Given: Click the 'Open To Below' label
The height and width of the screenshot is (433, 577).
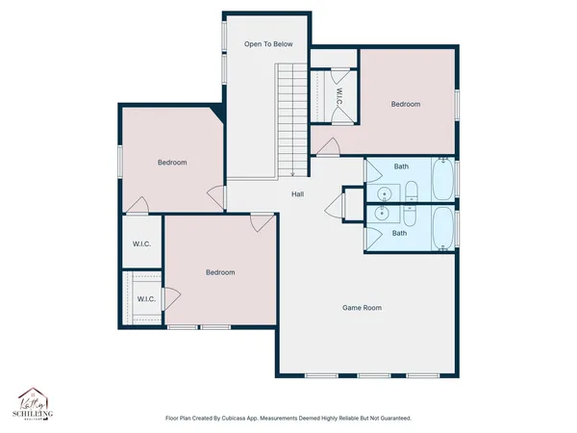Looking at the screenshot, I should pos(267,44).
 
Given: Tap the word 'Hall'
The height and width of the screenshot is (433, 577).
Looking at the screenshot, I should pos(299,195).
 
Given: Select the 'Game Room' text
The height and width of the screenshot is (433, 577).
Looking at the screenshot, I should pos(363,308).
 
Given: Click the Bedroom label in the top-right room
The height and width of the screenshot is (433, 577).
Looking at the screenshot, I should pos(405,104).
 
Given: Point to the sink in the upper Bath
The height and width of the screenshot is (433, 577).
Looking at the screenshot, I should pos(383,191).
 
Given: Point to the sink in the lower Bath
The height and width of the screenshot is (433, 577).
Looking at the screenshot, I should pos(383,216).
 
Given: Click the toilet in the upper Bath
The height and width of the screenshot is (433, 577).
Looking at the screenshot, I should pos(411,190).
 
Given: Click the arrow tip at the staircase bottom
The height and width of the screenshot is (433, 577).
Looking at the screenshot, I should pos(291,175).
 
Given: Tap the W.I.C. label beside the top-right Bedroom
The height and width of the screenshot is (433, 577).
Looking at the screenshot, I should pos(339,97).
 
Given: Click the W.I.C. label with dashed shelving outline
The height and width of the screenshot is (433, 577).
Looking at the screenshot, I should pos(146,299).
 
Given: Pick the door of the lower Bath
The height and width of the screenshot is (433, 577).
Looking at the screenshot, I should pos(371,235).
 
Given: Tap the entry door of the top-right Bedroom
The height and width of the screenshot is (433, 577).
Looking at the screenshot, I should pos(328,146).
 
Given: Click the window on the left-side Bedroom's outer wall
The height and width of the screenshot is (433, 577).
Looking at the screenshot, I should pos(120,162).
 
